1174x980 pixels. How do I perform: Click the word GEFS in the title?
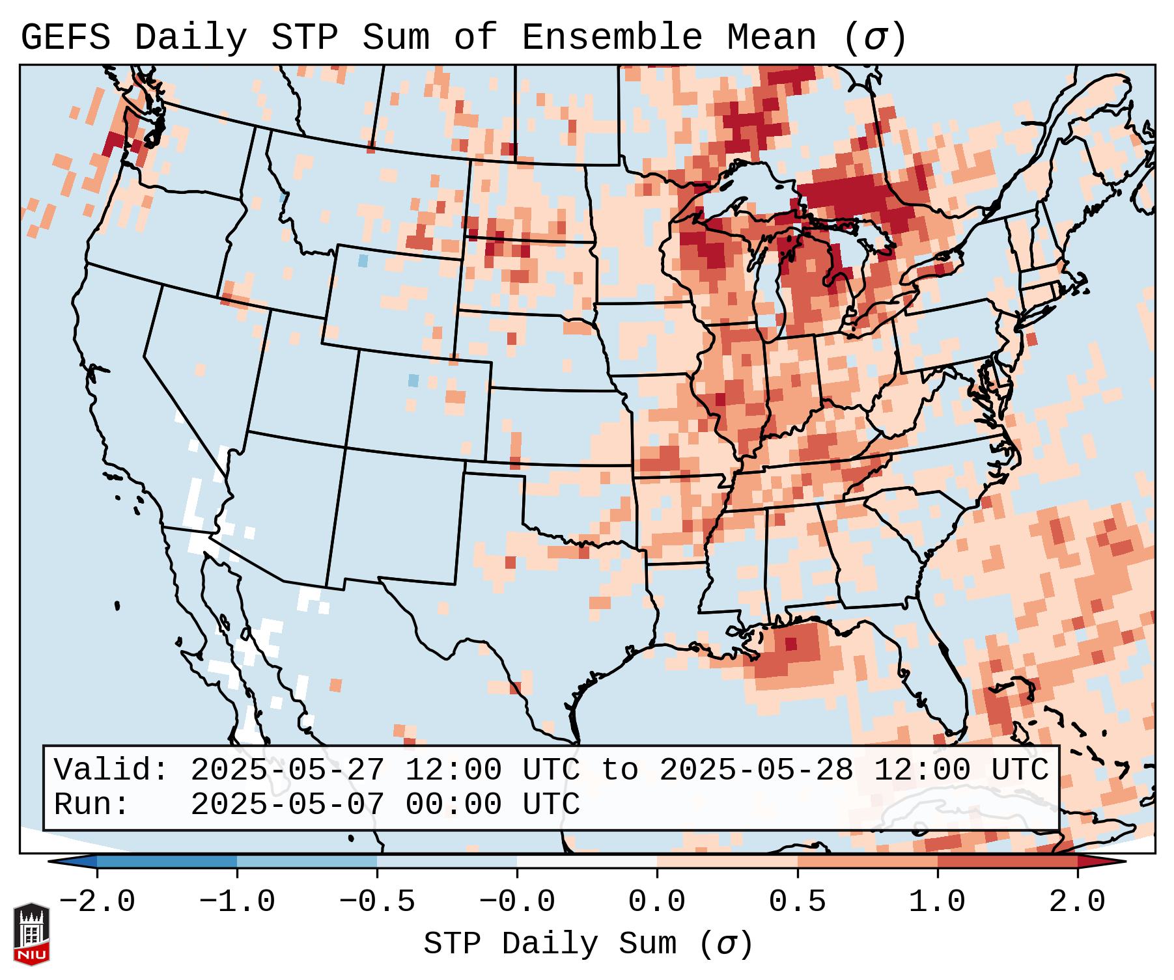(66, 38)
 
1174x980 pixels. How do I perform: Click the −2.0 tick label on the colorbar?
(97, 902)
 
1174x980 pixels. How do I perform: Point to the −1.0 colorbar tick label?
(237, 902)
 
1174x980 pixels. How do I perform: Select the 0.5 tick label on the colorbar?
(798, 902)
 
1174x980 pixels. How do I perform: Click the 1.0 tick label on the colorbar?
(938, 902)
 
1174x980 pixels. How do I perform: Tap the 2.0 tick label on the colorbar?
(1078, 902)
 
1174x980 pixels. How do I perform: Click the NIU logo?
(31, 934)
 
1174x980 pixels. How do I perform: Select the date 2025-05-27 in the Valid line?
(287, 770)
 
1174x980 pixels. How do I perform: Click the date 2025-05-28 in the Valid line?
(756, 770)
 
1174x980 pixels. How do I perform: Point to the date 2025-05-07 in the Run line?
(287, 804)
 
